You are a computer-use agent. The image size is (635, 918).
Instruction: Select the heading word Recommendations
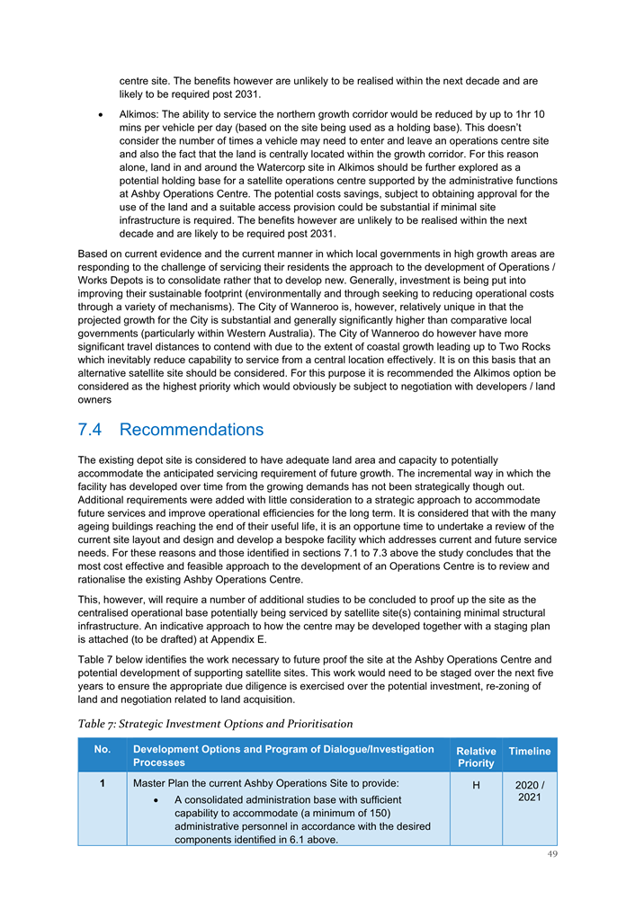[x=192, y=430]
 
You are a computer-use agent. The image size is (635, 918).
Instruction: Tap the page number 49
[x=550, y=854]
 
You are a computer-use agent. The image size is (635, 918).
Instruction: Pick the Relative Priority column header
[x=476, y=757]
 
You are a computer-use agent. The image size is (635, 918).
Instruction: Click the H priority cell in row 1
[x=476, y=784]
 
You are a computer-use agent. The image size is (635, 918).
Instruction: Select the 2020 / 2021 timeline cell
[x=530, y=790]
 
